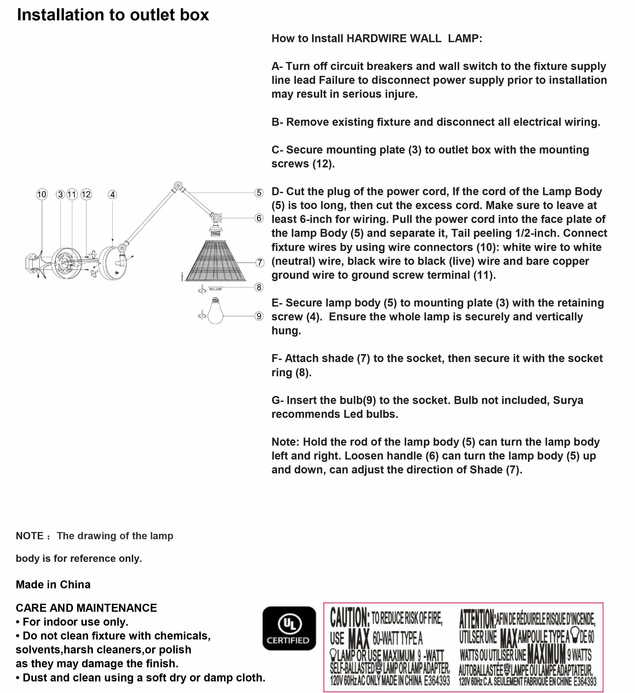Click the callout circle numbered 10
42,195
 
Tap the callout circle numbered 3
60,195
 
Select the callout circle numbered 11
72,195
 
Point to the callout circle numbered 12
86,195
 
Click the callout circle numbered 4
112,195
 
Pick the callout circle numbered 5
259,193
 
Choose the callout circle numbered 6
259,218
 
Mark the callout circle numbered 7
260,263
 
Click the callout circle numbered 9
259,316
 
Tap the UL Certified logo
289,628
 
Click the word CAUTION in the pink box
349,617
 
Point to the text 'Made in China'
53,584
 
